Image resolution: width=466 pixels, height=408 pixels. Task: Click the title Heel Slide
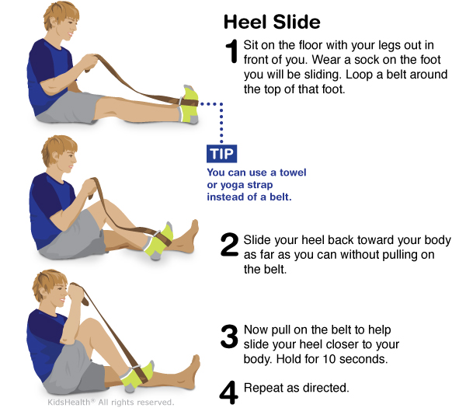coord(272,22)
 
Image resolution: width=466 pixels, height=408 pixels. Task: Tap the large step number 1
coord(231,51)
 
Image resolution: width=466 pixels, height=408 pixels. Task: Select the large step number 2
coord(229,245)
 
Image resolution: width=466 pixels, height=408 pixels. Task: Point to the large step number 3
coord(229,337)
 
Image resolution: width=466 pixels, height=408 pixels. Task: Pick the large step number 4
coord(229,392)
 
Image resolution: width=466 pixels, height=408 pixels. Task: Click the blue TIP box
coord(221,153)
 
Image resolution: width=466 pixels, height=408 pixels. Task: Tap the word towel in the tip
coord(293,173)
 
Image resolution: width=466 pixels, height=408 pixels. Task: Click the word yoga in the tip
coord(232,185)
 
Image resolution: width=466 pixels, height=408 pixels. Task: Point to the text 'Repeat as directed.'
coord(297,388)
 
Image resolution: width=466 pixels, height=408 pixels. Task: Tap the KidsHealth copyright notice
coord(110,402)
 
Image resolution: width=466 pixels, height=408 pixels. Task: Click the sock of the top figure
coord(189,105)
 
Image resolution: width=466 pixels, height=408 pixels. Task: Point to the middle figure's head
coord(60,153)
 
